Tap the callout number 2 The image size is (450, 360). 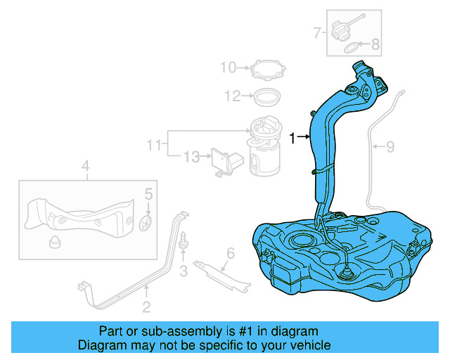[x=146, y=306]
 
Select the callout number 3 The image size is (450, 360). [x=183, y=271]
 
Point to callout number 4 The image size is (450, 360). [x=85, y=167]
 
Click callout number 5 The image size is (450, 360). [x=148, y=194]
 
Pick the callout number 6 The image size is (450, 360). [x=229, y=253]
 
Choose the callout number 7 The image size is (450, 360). [x=318, y=32]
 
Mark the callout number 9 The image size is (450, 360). [x=391, y=147]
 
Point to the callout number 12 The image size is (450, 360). [x=232, y=95]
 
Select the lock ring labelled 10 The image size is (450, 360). [x=268, y=70]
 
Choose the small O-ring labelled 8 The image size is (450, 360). [x=350, y=49]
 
